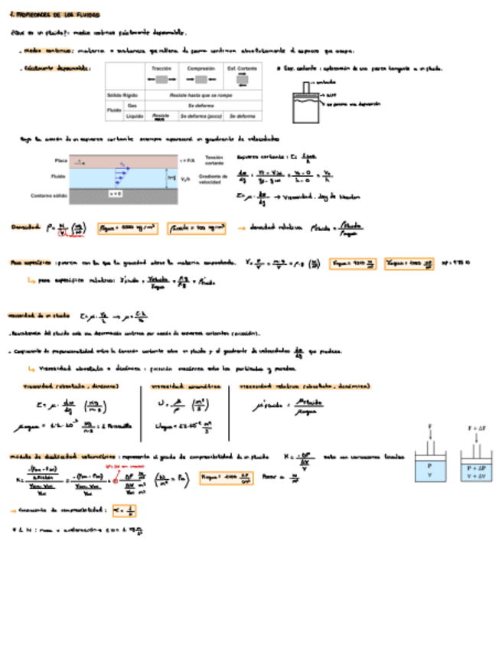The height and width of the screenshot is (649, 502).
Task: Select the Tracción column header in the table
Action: [161, 69]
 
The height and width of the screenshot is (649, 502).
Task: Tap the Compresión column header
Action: [201, 69]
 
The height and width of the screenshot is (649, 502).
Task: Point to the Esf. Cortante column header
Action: [243, 69]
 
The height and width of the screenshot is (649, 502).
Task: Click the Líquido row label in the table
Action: [135, 116]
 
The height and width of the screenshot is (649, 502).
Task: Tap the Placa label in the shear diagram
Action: [61, 161]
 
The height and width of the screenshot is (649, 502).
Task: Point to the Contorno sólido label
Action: [67, 196]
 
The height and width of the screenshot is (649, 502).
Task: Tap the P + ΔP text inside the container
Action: [476, 466]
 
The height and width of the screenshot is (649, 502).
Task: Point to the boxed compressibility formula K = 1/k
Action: [125, 510]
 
